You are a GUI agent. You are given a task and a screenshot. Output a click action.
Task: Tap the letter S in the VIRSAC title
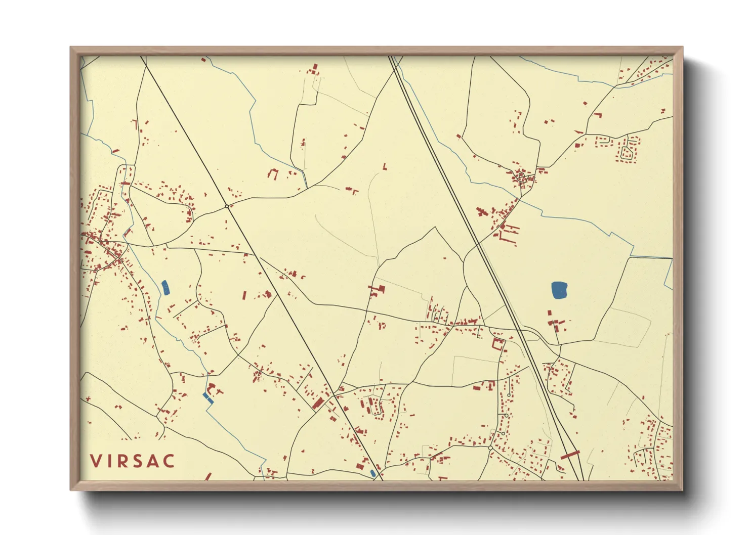[133, 461]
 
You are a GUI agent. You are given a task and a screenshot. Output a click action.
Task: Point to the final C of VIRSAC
[169, 461]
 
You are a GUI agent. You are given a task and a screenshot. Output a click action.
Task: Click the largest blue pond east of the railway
[559, 290]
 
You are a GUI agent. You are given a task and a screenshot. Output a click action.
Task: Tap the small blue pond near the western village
[165, 288]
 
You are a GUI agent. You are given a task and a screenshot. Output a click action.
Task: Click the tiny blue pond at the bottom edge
[373, 473]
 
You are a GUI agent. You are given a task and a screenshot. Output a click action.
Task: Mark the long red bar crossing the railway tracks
[570, 455]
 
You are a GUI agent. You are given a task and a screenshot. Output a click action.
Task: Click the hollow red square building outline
[498, 345]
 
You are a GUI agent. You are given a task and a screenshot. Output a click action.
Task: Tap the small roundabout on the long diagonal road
[226, 206]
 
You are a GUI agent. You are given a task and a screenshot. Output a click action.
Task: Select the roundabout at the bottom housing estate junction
[490, 448]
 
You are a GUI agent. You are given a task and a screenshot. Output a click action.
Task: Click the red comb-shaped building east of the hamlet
[509, 234]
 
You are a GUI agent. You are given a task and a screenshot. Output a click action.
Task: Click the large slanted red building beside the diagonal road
[319, 403]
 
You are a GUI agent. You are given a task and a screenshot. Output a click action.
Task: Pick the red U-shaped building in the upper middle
[273, 173]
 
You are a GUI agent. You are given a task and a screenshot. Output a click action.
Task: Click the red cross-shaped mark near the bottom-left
[89, 399]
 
